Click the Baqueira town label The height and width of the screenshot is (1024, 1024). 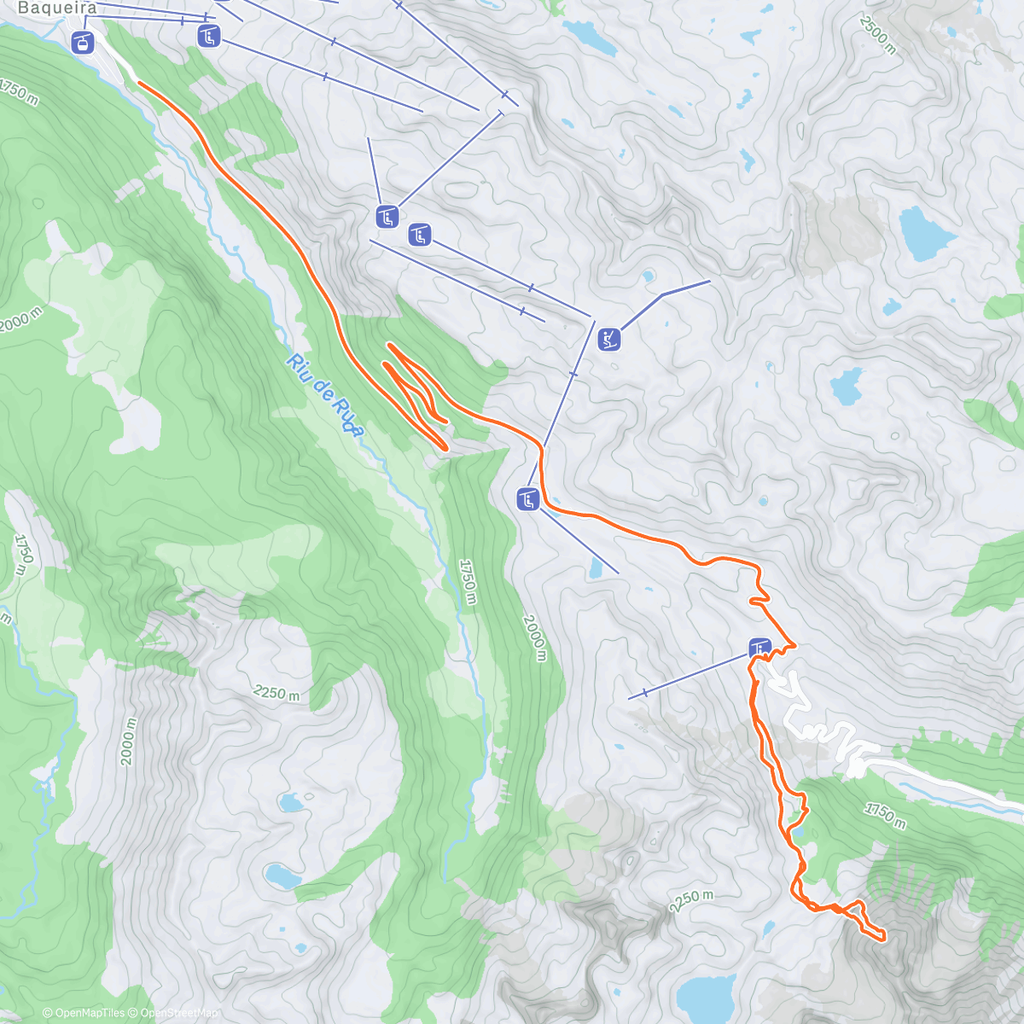57,9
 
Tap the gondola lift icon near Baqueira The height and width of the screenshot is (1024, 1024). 83,42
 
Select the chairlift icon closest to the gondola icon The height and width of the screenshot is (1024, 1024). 209,36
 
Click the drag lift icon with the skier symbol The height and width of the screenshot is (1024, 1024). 608,339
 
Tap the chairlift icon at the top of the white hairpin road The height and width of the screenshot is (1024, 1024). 759,648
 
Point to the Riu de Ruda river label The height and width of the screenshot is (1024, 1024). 325,395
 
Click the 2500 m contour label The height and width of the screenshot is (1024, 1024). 878,35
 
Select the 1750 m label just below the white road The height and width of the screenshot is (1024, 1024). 884,814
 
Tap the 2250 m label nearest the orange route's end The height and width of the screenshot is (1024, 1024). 690,901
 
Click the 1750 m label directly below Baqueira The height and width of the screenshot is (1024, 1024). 20,91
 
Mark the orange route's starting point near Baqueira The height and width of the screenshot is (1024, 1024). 138,84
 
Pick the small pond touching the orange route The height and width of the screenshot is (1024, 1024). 797,829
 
